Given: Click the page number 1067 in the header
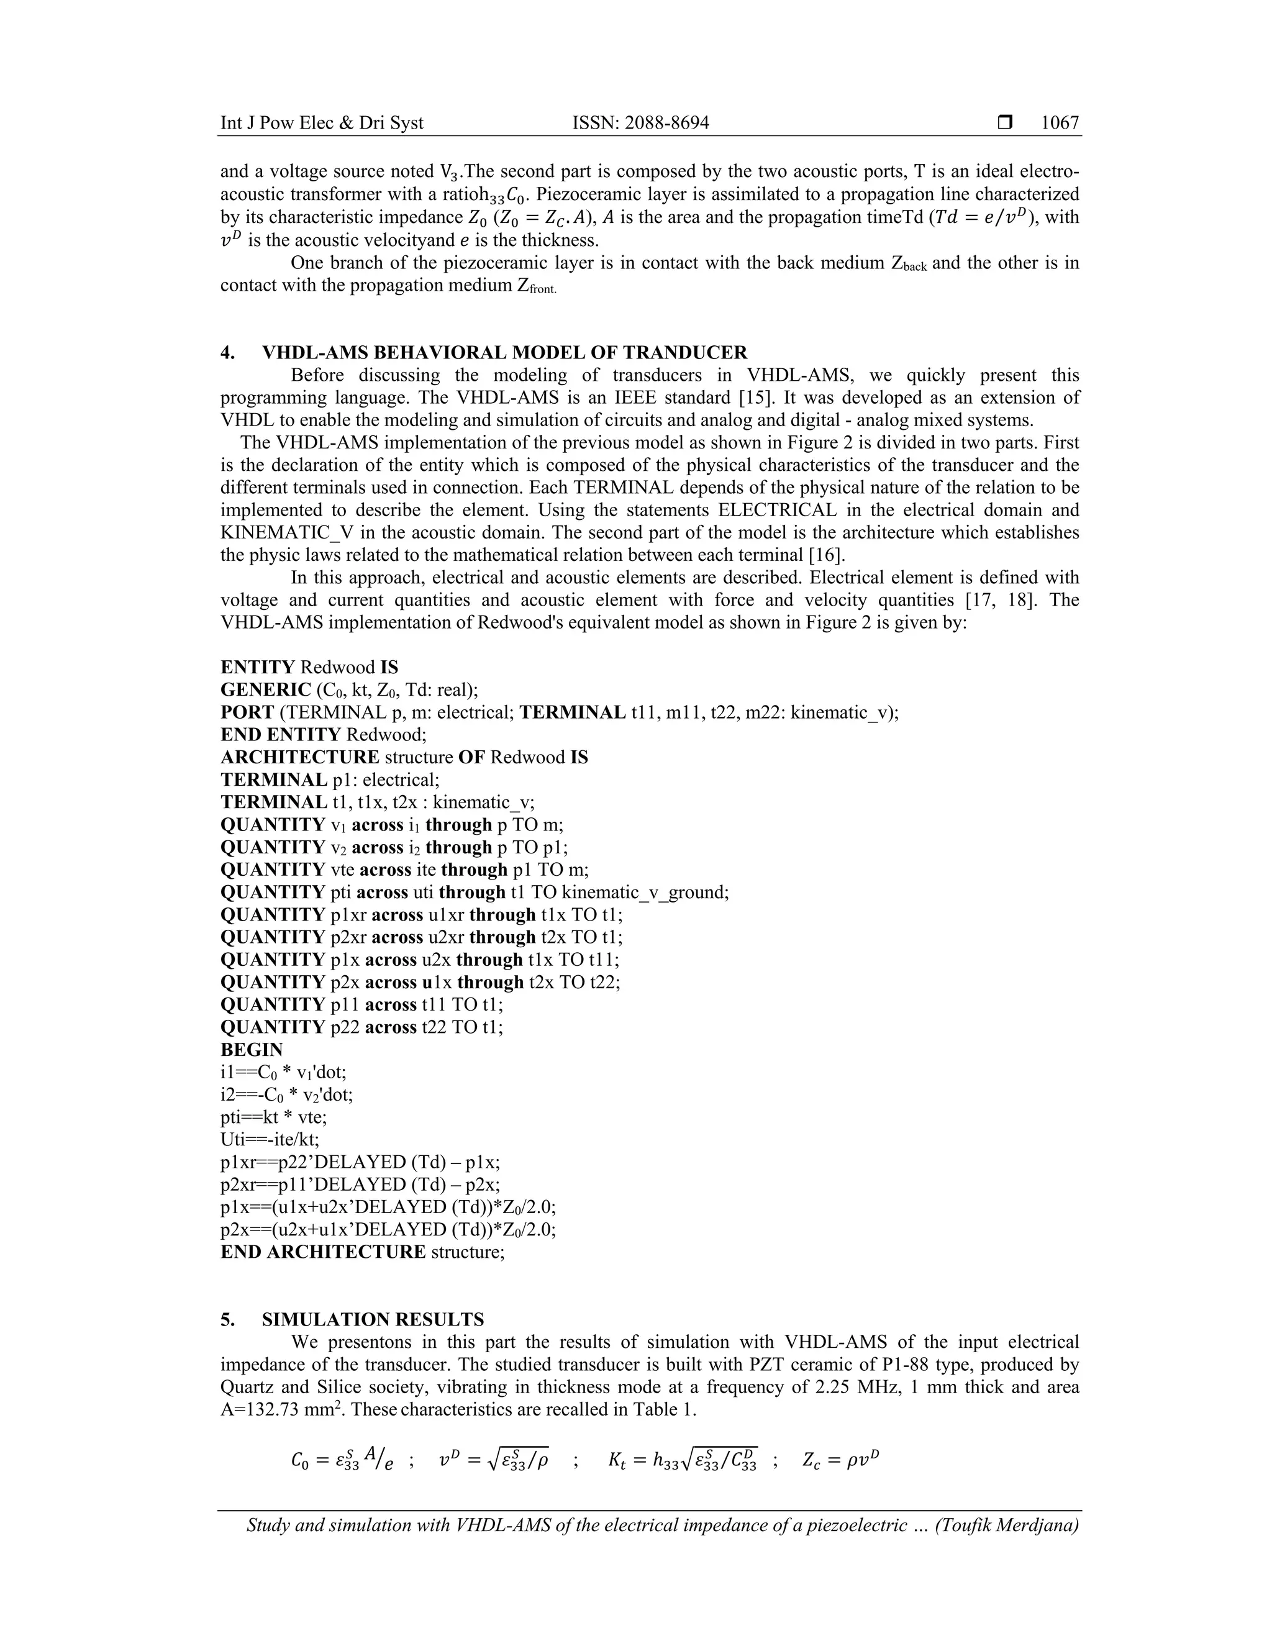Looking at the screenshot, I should point(1060,123).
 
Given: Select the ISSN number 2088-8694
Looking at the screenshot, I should point(665,123).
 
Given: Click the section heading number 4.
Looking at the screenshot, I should point(227,353).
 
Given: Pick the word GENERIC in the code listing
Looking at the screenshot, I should point(265,689).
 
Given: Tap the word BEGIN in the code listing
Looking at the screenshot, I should point(252,1050).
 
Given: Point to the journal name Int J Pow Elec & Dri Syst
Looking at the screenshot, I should point(322,123).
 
